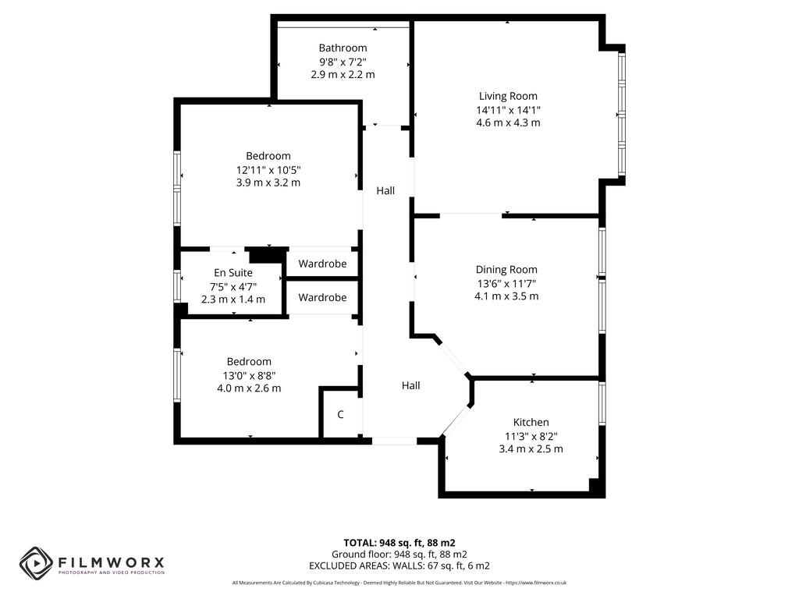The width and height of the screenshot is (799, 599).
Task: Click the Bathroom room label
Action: tap(343, 48)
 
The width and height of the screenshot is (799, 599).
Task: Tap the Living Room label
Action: tap(508, 96)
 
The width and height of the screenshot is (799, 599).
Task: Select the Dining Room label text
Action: tap(506, 269)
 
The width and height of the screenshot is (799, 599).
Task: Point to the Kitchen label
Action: tap(531, 422)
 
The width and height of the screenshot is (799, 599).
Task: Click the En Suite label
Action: tap(233, 272)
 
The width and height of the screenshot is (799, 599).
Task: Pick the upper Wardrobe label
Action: tap(322, 264)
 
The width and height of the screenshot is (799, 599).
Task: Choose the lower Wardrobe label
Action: tap(322, 297)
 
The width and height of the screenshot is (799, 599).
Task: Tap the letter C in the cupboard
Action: tap(340, 415)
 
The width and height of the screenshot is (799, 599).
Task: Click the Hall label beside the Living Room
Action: tap(385, 190)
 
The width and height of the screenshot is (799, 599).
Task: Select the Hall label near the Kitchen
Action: tap(410, 385)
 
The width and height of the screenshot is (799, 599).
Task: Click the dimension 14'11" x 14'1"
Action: tap(509, 109)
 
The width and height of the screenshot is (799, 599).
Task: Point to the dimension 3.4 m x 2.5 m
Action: tap(531, 448)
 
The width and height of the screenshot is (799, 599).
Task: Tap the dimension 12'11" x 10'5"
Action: tap(268, 169)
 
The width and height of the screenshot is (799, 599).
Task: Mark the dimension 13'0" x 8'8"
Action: tap(249, 375)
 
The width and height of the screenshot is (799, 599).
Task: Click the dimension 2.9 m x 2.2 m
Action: tap(343, 74)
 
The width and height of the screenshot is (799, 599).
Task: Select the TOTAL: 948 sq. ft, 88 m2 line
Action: tap(399, 543)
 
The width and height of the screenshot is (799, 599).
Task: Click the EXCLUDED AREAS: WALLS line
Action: tap(399, 565)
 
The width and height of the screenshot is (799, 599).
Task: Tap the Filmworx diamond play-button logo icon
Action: tap(36, 563)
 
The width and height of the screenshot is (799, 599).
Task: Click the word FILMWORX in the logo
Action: tap(111, 562)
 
